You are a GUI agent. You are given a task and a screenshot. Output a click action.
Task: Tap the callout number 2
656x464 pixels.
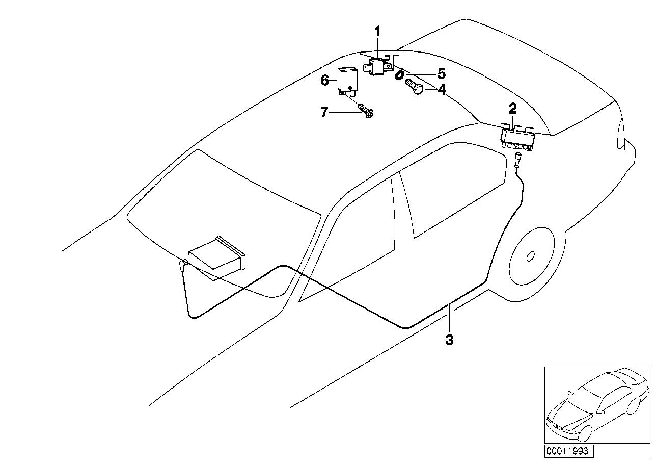pos(512,108)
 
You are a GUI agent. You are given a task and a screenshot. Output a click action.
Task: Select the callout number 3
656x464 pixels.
pos(449,340)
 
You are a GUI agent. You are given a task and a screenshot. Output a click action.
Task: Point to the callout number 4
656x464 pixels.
pos(442,90)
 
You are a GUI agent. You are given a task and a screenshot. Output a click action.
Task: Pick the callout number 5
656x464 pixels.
pos(441,73)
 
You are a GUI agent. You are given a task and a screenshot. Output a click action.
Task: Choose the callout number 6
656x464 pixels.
pos(324,80)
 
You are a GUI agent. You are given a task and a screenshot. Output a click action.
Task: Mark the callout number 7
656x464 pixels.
pos(324,112)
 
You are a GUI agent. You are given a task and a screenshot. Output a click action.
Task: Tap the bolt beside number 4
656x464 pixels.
pos(413,87)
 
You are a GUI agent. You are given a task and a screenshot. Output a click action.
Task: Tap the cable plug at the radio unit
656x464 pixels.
pos(182,266)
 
